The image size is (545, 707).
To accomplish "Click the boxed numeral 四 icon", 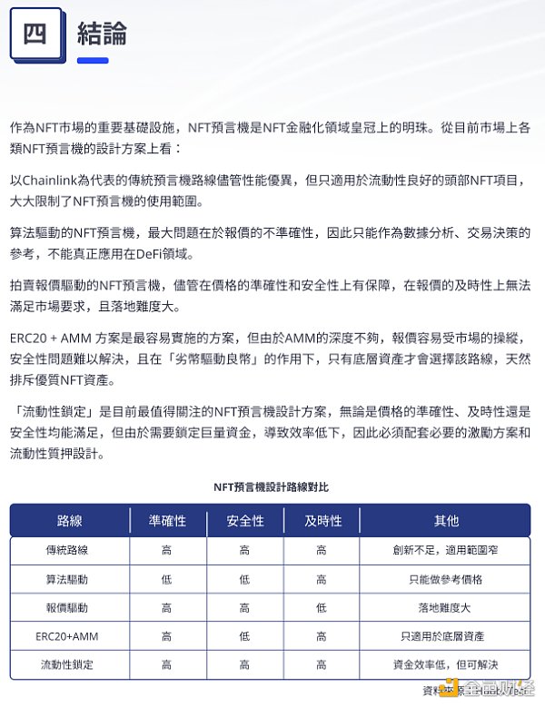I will click(x=35, y=34).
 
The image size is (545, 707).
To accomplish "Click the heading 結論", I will click(x=102, y=34).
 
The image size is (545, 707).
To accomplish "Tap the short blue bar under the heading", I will click(x=93, y=61).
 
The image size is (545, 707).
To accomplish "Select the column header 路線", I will click(x=70, y=521).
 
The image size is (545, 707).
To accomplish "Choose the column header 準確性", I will click(x=167, y=521).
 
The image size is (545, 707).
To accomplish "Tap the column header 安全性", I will click(x=244, y=521).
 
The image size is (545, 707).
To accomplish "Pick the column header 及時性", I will click(x=322, y=521).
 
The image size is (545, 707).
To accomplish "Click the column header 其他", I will click(x=446, y=521).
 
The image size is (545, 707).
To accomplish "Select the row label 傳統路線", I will click(x=70, y=550).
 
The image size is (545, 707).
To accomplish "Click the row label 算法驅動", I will click(x=70, y=579).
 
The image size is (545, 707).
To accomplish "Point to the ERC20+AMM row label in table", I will click(x=70, y=636).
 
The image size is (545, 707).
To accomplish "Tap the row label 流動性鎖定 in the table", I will click(x=70, y=664).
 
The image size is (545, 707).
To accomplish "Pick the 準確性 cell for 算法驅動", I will click(x=167, y=579).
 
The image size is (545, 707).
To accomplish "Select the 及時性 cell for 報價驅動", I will click(x=322, y=607).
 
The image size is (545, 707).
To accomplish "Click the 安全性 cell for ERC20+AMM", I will click(x=244, y=636).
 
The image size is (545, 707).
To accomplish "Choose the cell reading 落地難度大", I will click(x=446, y=607).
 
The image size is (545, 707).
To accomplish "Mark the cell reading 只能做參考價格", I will click(x=446, y=579).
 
